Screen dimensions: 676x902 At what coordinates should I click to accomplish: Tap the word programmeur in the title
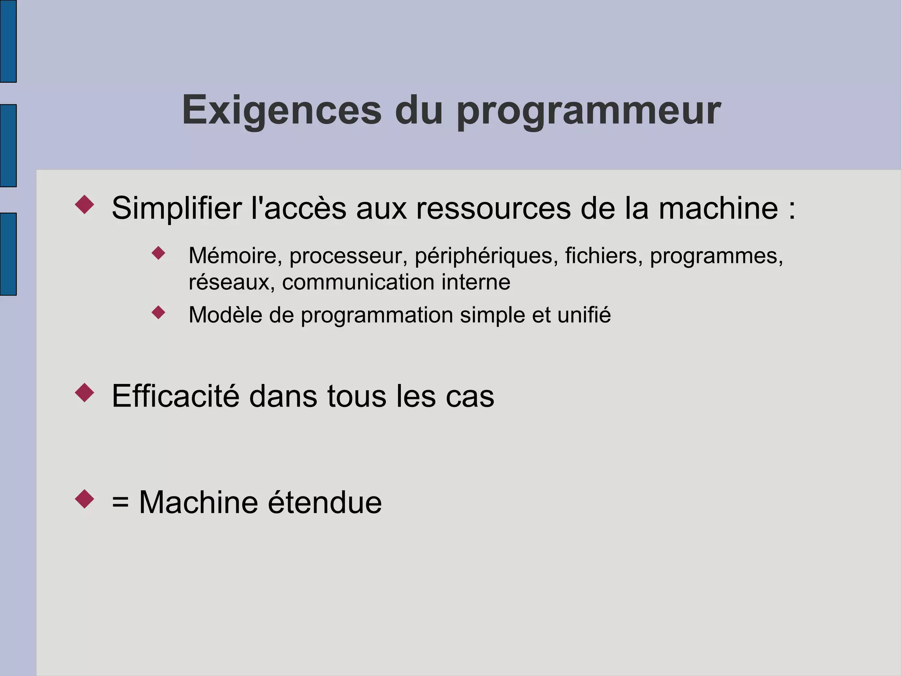(588, 111)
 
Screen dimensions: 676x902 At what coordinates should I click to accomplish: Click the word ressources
(493, 209)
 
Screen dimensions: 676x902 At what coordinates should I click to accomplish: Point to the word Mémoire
(235, 255)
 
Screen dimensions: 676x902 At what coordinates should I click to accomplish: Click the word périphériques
(486, 256)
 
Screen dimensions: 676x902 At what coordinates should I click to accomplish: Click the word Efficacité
(176, 396)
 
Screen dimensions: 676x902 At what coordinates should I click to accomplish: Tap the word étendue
(325, 502)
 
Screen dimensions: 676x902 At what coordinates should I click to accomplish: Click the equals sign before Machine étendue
(120, 503)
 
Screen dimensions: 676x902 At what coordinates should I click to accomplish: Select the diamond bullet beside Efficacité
(85, 392)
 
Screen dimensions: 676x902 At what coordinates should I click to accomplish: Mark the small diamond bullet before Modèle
(158, 313)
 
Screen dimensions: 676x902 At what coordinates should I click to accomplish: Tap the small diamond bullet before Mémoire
(158, 253)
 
